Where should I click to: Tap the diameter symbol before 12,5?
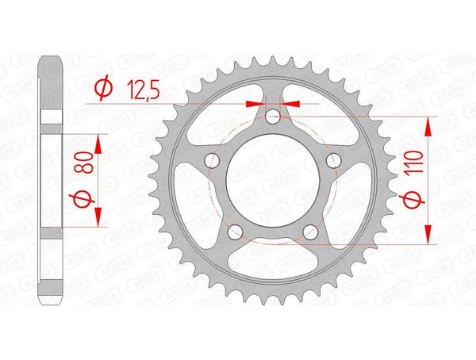point(102,92)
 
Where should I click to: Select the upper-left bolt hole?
point(212,162)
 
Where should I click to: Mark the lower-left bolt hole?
point(235,232)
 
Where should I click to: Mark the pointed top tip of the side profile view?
point(52,56)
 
